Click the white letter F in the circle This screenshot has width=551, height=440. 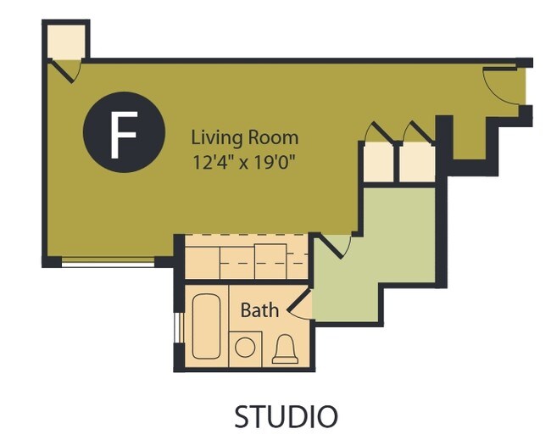pyautogui.click(x=124, y=135)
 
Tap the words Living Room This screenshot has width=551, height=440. pyautogui.click(x=245, y=137)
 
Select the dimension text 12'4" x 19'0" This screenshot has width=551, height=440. pyautogui.click(x=243, y=162)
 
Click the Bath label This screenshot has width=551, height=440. pyautogui.click(x=259, y=310)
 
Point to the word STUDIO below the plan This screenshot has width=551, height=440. pyautogui.click(x=286, y=416)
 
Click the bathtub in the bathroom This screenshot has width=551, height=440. pyautogui.click(x=206, y=326)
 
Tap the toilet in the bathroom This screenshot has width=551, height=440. pyautogui.click(x=285, y=349)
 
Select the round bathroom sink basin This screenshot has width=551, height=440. pyautogui.click(x=245, y=348)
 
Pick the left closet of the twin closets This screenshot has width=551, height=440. pyautogui.click(x=378, y=163)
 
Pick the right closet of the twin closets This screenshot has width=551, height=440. pyautogui.click(x=417, y=163)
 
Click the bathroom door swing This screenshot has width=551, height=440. pyautogui.click(x=299, y=305)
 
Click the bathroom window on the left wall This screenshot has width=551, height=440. pyautogui.click(x=177, y=327)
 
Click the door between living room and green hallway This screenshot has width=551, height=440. pyautogui.click(x=333, y=245)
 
